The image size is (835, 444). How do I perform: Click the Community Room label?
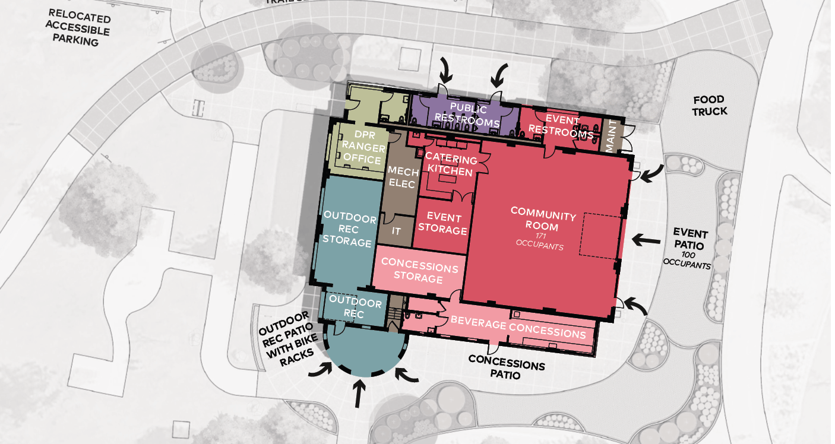(543, 220)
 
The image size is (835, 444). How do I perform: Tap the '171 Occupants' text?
(540, 242)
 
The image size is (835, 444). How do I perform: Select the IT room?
(396, 231)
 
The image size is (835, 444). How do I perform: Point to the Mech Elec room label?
(403, 177)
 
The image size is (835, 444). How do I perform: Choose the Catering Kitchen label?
(451, 164)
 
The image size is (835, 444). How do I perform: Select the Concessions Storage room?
(419, 271)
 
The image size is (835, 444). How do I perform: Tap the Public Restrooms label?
(467, 115)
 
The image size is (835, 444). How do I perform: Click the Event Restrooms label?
(561, 126)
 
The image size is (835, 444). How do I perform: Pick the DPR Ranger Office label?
(362, 147)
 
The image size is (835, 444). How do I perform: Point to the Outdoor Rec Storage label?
(349, 230)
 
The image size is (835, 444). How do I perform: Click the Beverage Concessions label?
(518, 327)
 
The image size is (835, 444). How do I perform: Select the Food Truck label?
(709, 106)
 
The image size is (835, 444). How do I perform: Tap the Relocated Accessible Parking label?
(78, 28)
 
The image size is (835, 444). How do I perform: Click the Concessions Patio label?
(506, 367)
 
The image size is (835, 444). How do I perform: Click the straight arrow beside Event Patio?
(646, 240)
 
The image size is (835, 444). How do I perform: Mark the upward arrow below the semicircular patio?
(359, 394)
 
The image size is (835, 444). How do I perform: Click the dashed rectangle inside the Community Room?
(600, 236)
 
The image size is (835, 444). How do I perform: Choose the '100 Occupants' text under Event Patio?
(687, 260)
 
